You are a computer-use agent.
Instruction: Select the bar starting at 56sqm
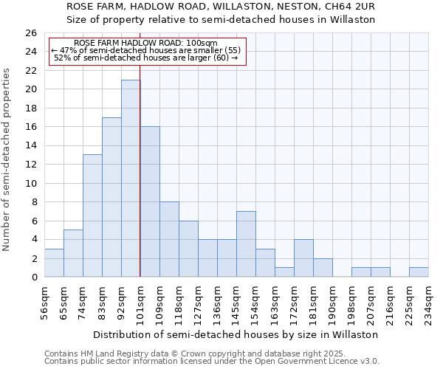coord(54,263)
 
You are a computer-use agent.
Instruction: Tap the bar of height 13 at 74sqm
coord(92,215)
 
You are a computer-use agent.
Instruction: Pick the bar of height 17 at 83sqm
coord(111,197)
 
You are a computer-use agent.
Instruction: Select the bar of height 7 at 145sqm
coord(246,244)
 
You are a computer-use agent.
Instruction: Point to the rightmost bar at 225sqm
coord(419,272)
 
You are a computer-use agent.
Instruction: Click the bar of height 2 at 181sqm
coord(323,268)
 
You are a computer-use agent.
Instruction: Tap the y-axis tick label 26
coord(30,33)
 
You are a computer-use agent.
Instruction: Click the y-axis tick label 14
coord(30,146)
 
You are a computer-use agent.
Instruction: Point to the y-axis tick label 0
coord(33,277)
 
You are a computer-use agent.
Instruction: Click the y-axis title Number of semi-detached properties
coord(7,159)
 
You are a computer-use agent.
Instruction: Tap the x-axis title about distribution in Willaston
coord(236,334)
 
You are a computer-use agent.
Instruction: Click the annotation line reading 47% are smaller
coord(146,50)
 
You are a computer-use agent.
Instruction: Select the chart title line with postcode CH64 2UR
coord(221,6)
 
